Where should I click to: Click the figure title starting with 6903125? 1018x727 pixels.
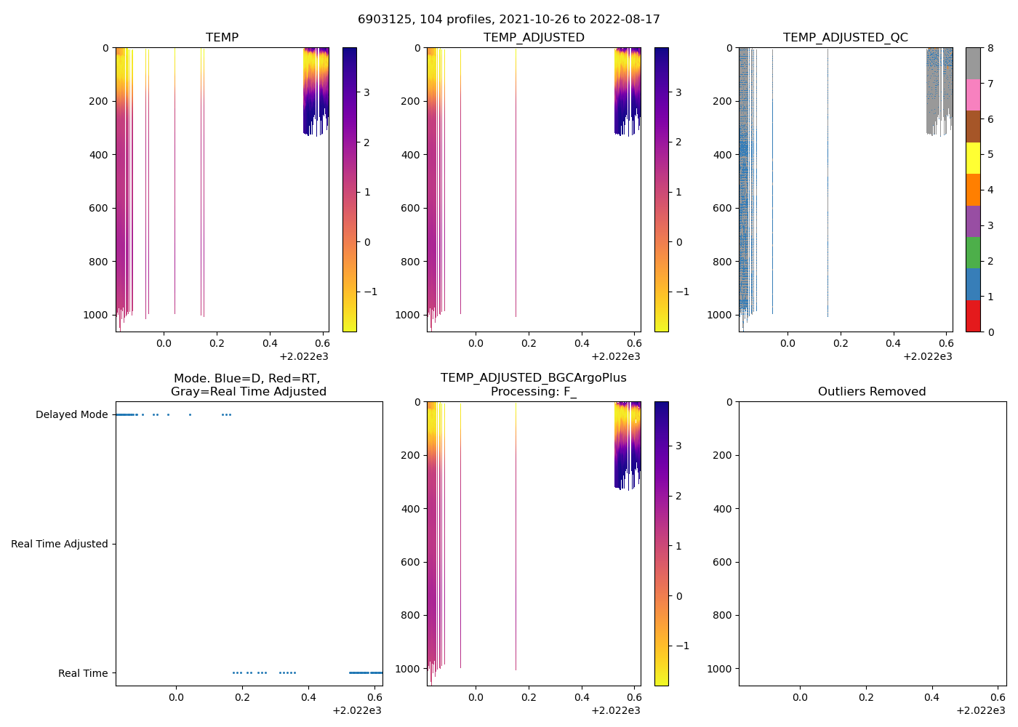(508, 20)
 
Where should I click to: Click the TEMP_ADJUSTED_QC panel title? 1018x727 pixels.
(845, 38)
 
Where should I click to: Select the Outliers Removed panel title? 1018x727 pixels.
(872, 392)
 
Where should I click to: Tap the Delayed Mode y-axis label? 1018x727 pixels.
(71, 415)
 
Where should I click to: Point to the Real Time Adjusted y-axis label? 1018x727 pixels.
(59, 545)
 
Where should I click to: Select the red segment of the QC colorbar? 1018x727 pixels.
(973, 316)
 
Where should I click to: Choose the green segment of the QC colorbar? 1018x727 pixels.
(973, 252)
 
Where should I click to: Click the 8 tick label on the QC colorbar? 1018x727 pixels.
(990, 49)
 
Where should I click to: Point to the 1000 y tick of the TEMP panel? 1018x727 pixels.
(95, 316)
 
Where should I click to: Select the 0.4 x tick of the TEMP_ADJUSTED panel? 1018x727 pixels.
(582, 344)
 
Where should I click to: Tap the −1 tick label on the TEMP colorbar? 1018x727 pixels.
(370, 292)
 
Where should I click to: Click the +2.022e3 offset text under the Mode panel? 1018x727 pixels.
(356, 710)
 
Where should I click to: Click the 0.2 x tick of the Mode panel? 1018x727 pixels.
(242, 698)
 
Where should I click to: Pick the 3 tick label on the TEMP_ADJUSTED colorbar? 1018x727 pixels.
(678, 93)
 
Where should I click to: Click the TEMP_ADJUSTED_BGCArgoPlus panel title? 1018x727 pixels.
(533, 385)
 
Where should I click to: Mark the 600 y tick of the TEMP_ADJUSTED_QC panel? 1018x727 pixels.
(722, 209)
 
